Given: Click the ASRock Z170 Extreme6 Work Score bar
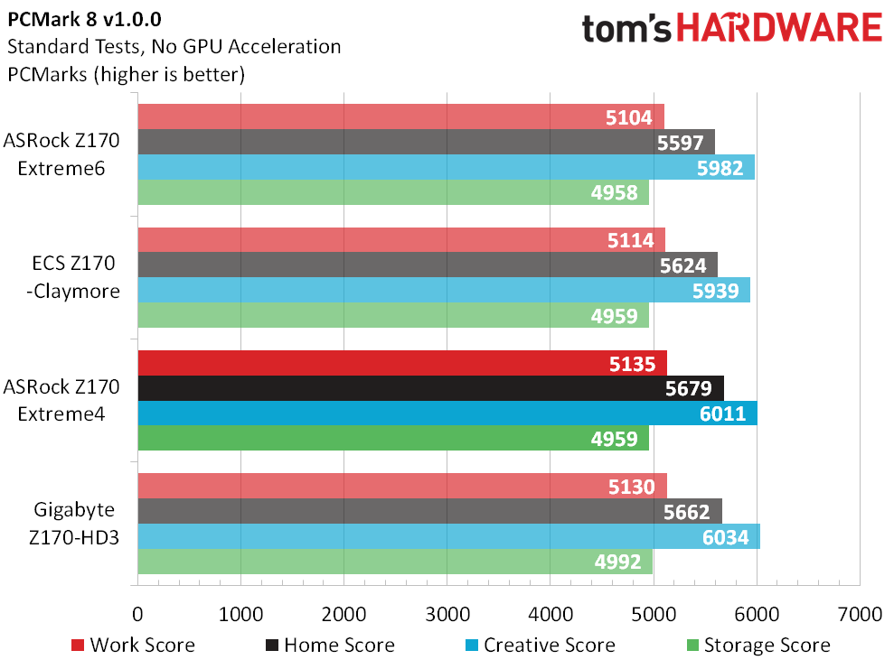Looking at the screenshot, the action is pos(400,116).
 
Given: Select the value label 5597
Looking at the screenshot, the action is pos(680,143).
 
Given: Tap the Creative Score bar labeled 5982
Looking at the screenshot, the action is pos(446,167).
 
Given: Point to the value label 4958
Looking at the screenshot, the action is pos(614,192).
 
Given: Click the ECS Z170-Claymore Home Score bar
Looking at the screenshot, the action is pos(428,265).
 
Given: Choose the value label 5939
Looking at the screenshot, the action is pos(716,291).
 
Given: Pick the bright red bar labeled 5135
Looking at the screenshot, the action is pos(402,363).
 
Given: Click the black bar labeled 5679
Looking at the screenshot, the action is pos(431,388).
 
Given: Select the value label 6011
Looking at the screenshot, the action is pos(723,413).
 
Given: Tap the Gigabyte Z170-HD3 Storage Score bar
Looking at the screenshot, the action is pos(395,562).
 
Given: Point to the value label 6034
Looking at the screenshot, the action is pos(725,537).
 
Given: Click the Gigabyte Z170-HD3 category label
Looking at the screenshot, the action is pos(74,524).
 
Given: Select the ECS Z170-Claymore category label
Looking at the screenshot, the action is pos(73,277).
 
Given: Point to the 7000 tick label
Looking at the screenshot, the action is pos(860,614).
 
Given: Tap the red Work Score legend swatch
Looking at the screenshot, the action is pos(78,646).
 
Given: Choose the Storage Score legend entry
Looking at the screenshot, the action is pos(759,646).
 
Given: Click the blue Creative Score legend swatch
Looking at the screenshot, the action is pos(472,646).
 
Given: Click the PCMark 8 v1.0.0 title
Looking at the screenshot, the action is pos(84,19).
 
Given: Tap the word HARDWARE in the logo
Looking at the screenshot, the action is pos(779,28).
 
